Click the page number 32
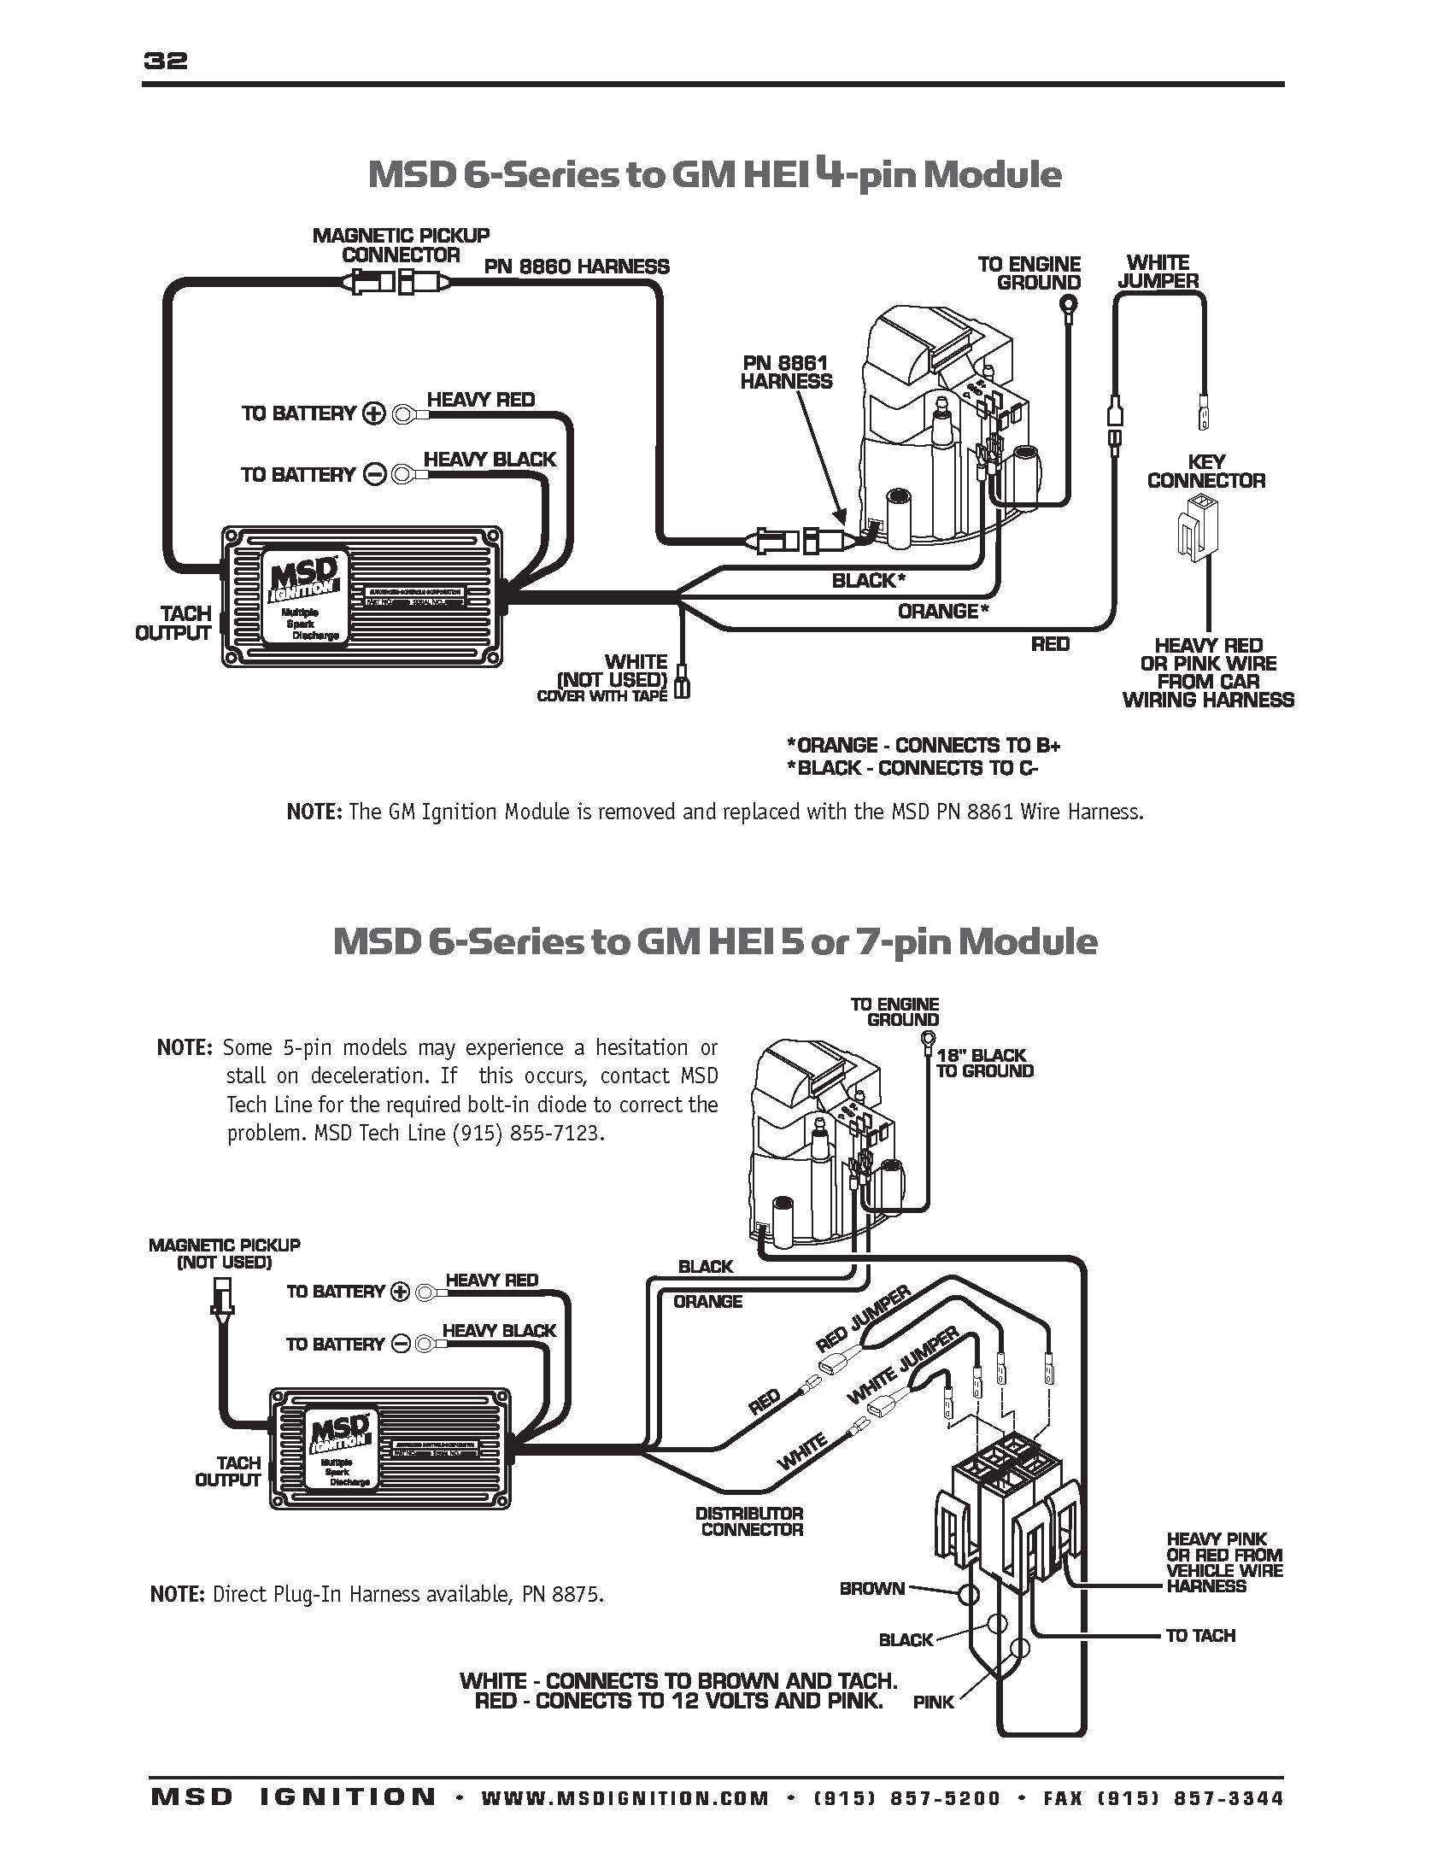point(167,62)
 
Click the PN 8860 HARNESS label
point(577,267)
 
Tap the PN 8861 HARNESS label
point(786,372)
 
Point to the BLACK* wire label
point(868,581)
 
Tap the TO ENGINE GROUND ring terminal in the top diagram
point(1068,304)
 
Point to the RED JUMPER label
point(863,1320)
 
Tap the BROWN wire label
point(871,1589)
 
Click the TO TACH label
point(1200,1635)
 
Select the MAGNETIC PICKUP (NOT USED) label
point(224,1253)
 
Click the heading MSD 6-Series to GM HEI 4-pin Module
point(714,175)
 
